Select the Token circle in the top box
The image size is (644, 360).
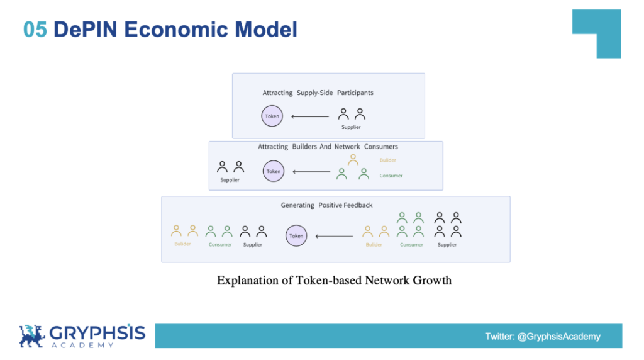[x=272, y=116]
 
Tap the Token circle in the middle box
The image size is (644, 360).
[x=274, y=171]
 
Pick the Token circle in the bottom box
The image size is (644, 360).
[x=296, y=236]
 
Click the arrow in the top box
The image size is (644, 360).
[x=310, y=116]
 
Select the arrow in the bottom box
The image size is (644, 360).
[x=334, y=237]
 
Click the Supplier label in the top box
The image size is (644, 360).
[x=351, y=127]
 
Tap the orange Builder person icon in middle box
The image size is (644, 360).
[x=353, y=160]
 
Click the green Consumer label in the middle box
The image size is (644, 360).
[x=391, y=176]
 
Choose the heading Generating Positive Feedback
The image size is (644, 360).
[x=326, y=205]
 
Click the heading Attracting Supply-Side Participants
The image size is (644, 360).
[x=318, y=93]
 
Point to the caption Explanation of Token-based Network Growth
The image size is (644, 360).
[x=334, y=280]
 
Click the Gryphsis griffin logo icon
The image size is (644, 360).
[x=32, y=336]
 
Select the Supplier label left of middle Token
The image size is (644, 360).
[x=230, y=180]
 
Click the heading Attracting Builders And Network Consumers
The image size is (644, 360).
[x=328, y=147]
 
